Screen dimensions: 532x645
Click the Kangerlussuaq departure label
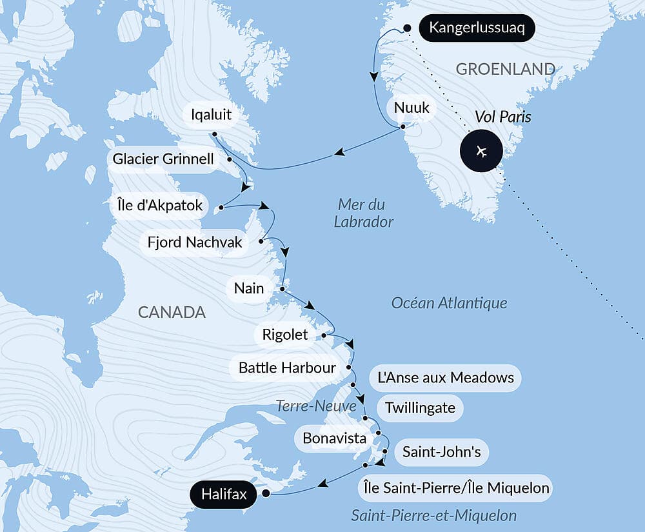[477, 29]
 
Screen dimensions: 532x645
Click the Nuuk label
[412, 108]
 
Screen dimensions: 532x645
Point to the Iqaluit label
[211, 116]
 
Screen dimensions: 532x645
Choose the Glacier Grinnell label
[163, 159]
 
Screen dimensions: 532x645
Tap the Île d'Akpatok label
[157, 206]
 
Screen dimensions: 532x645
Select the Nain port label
[250, 288]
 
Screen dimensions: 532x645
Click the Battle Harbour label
[288, 368]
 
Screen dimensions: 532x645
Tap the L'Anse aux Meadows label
[446, 377]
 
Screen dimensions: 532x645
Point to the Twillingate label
[420, 408]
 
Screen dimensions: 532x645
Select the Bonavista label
[334, 438]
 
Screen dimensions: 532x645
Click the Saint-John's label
[442, 452]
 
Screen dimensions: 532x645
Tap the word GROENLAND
[506, 69]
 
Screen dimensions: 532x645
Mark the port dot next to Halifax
[265, 495]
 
